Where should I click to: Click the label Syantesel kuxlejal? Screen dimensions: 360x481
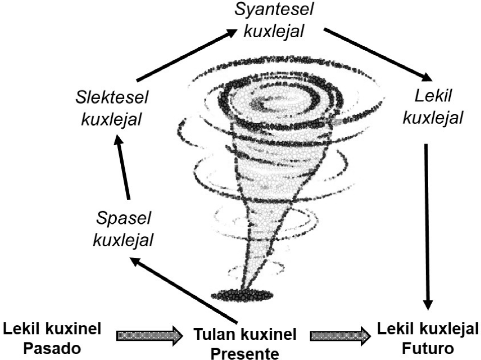tap(274, 21)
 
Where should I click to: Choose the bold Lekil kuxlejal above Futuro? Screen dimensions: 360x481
tap(427, 330)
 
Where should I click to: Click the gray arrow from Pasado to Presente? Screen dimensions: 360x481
tap(149, 335)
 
